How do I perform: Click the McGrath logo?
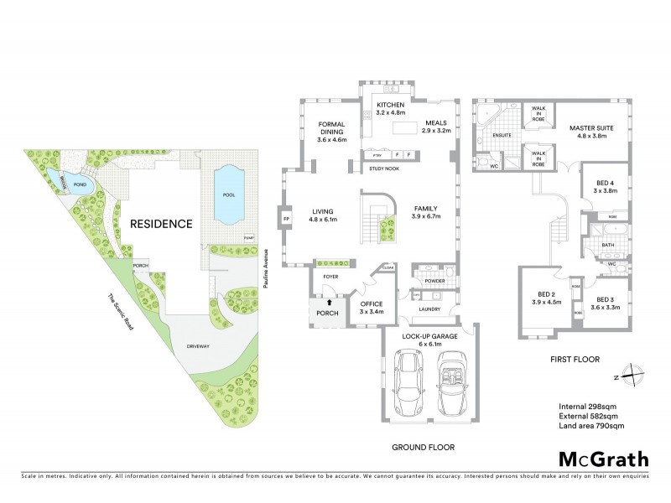coord(604,459)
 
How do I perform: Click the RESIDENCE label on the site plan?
coord(160,224)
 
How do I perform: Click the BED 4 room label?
coord(603,186)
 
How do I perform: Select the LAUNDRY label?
coord(429,309)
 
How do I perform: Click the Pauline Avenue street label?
coord(264,269)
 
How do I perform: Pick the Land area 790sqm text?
coord(591,427)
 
